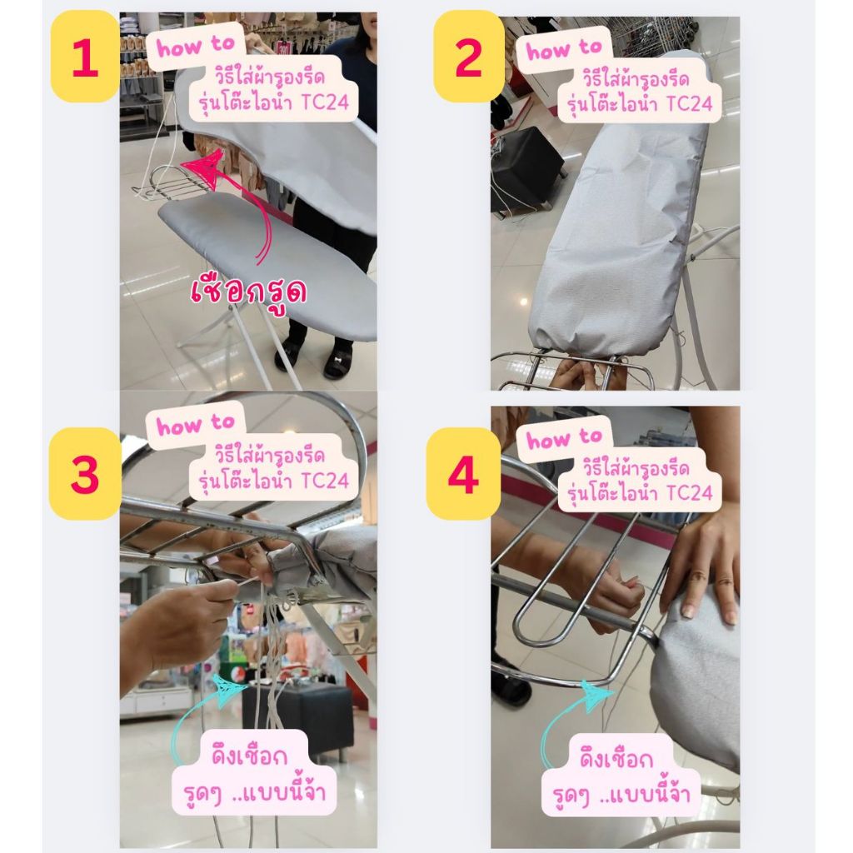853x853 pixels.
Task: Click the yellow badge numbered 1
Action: click(85, 56)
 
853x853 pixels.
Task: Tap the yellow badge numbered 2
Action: click(468, 56)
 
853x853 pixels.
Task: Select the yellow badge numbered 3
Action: click(85, 473)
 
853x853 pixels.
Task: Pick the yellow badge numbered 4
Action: click(463, 473)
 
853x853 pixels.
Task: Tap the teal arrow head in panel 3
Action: click(232, 690)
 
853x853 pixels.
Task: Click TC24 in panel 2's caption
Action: click(689, 103)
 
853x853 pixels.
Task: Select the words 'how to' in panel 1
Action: click(195, 47)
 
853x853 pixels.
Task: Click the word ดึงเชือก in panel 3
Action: click(249, 756)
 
